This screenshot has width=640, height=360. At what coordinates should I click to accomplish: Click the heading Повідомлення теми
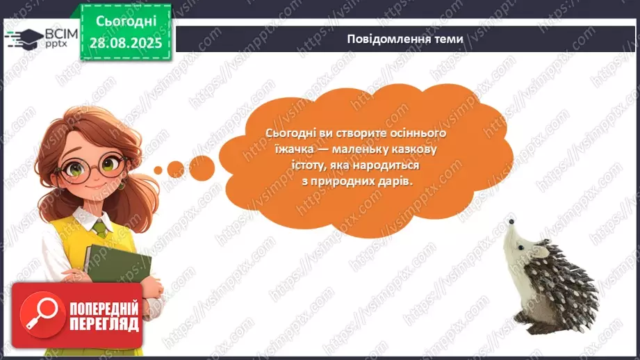(404, 39)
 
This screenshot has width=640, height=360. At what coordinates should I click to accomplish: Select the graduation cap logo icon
(22, 37)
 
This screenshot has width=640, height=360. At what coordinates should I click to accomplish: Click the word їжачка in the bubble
(284, 149)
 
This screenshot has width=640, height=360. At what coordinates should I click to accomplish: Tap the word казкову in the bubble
(414, 149)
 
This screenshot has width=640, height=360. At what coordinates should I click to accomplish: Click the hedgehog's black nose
(511, 222)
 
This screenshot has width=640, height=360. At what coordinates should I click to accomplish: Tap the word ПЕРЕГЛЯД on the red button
(104, 324)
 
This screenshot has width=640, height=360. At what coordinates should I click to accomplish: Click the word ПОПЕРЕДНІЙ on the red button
(104, 307)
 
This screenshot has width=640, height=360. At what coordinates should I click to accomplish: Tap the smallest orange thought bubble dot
(158, 170)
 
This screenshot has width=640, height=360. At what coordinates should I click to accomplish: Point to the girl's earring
(120, 186)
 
